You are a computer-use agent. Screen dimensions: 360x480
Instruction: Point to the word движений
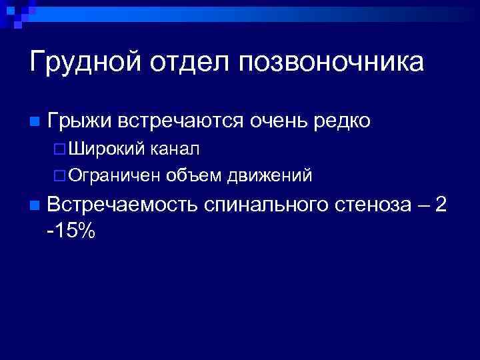(270, 175)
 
